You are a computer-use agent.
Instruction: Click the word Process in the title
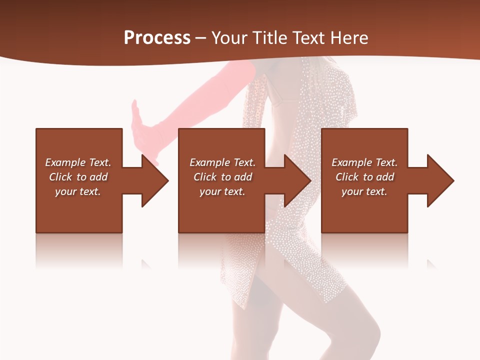coord(157,38)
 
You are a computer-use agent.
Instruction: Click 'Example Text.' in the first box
coord(78,162)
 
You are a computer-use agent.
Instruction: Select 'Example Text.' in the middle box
coord(222,162)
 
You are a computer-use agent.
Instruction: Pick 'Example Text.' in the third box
coord(364,162)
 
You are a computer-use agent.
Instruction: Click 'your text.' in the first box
coord(78,191)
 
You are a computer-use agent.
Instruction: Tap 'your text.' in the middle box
coord(222,191)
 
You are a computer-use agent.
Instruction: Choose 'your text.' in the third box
coord(364,191)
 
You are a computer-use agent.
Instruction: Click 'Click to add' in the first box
coord(78,177)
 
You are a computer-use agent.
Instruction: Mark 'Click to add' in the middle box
coord(222,177)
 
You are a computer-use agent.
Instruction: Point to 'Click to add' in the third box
coord(364,177)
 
